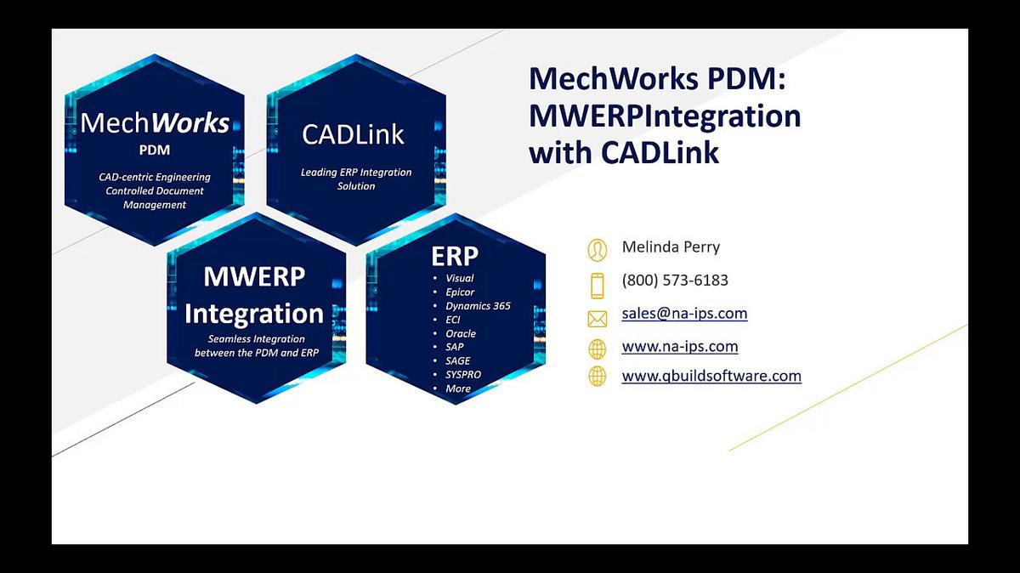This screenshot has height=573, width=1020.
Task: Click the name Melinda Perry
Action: click(671, 247)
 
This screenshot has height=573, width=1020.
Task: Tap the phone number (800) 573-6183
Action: click(675, 281)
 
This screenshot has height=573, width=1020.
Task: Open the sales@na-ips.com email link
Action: click(684, 314)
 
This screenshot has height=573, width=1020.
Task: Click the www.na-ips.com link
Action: click(679, 347)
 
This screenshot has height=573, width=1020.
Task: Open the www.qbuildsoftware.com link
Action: click(711, 376)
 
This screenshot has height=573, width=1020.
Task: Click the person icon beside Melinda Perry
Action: click(598, 249)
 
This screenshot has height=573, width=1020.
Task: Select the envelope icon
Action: click(598, 319)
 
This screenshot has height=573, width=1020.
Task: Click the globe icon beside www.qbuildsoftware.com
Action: click(598, 377)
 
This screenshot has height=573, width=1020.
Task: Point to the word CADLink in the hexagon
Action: click(353, 134)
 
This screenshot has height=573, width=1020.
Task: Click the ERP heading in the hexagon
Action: click(455, 256)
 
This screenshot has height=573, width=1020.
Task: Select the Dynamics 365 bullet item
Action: click(478, 306)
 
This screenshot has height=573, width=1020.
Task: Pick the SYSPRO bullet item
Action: click(463, 375)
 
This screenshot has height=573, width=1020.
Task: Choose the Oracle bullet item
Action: click(461, 334)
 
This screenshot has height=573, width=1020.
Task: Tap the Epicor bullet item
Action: click(460, 292)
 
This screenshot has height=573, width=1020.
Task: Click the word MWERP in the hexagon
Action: click(254, 277)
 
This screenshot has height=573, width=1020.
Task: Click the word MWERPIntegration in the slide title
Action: click(664, 116)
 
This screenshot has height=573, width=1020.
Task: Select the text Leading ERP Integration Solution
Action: click(356, 179)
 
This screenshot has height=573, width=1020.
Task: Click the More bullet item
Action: click(458, 389)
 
